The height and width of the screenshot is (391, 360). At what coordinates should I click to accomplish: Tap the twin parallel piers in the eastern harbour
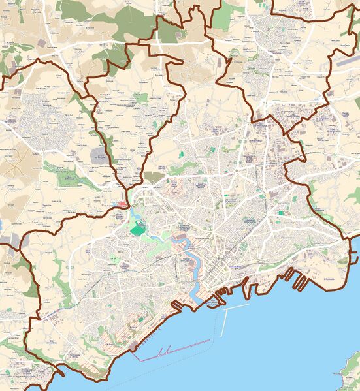click(300, 280)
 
